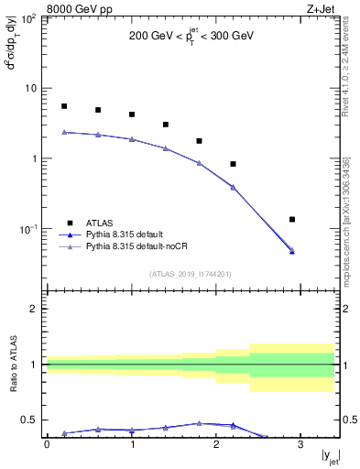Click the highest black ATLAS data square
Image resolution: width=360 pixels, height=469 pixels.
click(64, 106)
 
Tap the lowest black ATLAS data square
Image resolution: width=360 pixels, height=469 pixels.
click(292, 220)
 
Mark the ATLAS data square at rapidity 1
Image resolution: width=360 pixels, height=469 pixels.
click(132, 115)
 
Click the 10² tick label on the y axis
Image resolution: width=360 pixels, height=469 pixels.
click(27, 18)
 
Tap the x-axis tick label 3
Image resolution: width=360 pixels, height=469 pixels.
click(300, 444)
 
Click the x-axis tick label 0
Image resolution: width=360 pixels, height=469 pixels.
click(47, 444)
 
